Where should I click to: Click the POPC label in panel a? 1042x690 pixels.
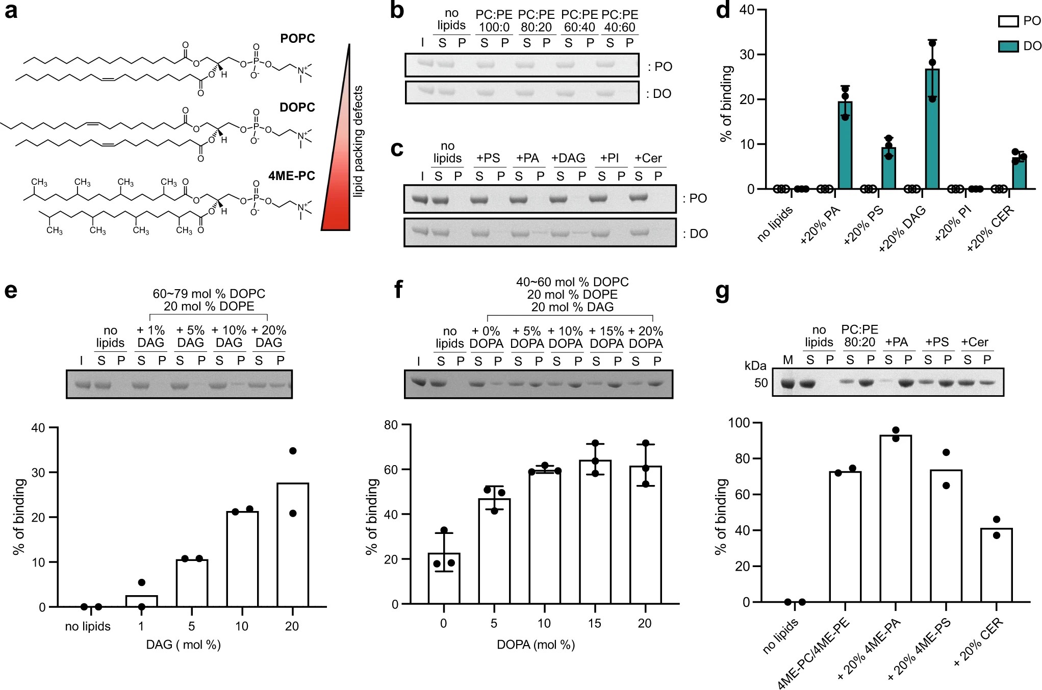(x=297, y=39)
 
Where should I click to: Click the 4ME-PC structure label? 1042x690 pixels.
(x=291, y=176)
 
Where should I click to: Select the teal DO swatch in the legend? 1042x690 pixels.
(x=1008, y=46)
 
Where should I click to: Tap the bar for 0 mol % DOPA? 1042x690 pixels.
(x=444, y=578)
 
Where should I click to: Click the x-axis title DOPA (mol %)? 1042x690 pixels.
(x=536, y=645)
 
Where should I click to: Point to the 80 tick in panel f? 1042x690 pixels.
(x=391, y=425)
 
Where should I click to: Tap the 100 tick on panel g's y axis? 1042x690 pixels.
(x=739, y=423)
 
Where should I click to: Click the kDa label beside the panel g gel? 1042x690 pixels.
(x=755, y=366)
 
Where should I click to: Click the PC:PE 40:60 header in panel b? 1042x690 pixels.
(x=620, y=21)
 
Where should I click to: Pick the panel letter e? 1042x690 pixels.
(x=11, y=291)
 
